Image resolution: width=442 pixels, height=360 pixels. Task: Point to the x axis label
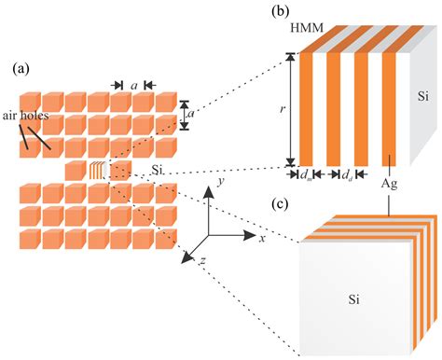pyautogui.click(x=263, y=239)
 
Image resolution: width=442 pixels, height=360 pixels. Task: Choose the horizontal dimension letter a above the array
pyautogui.click(x=135, y=84)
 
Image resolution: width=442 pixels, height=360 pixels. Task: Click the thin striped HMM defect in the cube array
pyautogui.click(x=96, y=171)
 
